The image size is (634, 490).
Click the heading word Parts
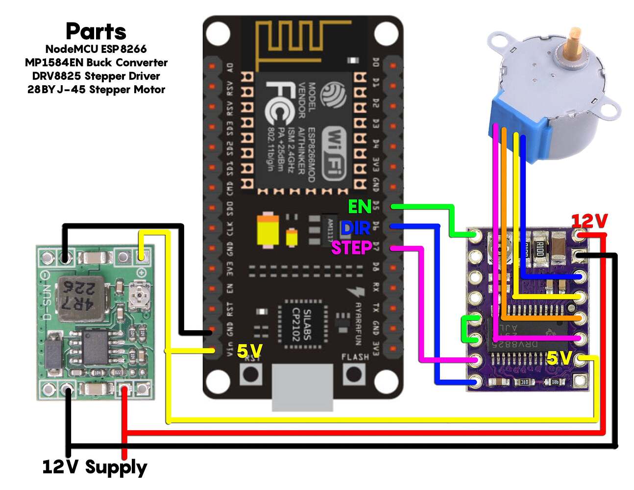(96, 31)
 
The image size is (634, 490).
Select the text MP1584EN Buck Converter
(96, 63)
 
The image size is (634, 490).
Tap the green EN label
(359, 207)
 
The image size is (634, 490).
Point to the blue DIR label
(355, 228)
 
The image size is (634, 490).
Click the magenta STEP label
(351, 248)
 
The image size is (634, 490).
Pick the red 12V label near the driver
(589, 221)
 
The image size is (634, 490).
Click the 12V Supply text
(95, 467)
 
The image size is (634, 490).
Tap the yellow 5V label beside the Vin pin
(249, 351)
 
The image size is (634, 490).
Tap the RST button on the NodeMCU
(251, 374)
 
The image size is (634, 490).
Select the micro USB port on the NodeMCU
(302, 387)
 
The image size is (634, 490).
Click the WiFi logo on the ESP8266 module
(335, 152)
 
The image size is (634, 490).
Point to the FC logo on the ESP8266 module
(280, 102)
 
